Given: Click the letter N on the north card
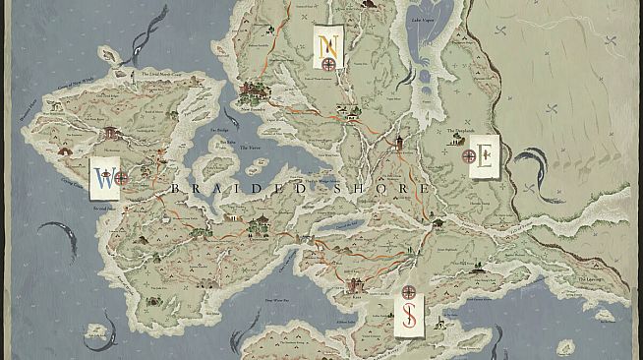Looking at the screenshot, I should [327, 43].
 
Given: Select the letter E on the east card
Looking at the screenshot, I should [482, 157].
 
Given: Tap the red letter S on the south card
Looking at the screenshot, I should [407, 317].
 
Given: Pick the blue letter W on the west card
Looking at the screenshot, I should [102, 178].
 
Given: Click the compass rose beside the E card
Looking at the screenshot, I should [467, 153].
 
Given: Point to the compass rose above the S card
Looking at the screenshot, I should [408, 293].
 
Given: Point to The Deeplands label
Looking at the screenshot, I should [465, 135].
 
